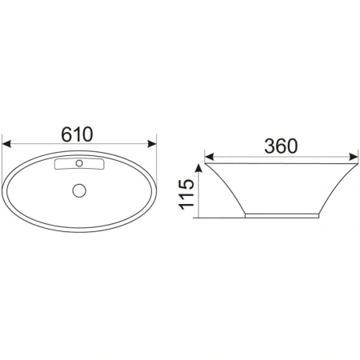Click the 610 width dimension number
coord(77,134)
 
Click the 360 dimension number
coord(281,146)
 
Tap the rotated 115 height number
coord(186,194)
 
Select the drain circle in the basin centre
coord(79,190)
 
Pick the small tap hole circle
coord(79,163)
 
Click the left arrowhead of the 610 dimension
coord(6,144)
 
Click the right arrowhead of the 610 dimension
coord(152,144)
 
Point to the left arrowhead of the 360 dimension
coord(210,157)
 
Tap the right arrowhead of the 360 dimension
coord(354,157)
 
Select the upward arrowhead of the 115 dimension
coord(198,169)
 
